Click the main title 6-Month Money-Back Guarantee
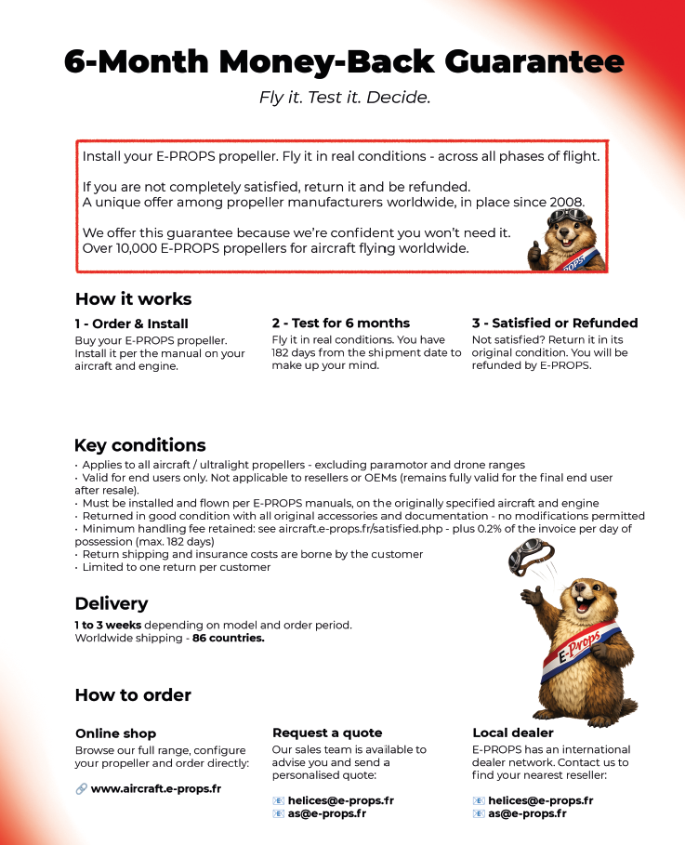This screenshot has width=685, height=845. pyautogui.click(x=344, y=61)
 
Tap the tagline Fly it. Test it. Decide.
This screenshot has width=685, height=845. pyautogui.click(x=345, y=97)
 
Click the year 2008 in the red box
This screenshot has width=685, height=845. pyautogui.click(x=564, y=202)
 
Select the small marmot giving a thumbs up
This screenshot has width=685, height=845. pyautogui.click(x=566, y=240)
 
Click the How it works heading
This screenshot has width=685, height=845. pyautogui.click(x=133, y=299)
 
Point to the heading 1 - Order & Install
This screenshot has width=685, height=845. pyautogui.click(x=131, y=324)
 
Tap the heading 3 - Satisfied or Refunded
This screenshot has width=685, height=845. pyautogui.click(x=554, y=323)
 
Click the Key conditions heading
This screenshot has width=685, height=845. pyautogui.click(x=139, y=445)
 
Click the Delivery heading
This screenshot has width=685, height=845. pyautogui.click(x=111, y=604)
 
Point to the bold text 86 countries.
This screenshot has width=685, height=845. pyautogui.click(x=229, y=639)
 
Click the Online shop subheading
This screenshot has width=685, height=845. pyautogui.click(x=115, y=733)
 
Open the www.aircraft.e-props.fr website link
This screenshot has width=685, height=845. pyautogui.click(x=155, y=789)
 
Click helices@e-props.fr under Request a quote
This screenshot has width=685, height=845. pyautogui.click(x=340, y=800)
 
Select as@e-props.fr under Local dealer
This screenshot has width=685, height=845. pyautogui.click(x=528, y=813)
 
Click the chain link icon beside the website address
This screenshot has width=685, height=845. pyautogui.click(x=81, y=789)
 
